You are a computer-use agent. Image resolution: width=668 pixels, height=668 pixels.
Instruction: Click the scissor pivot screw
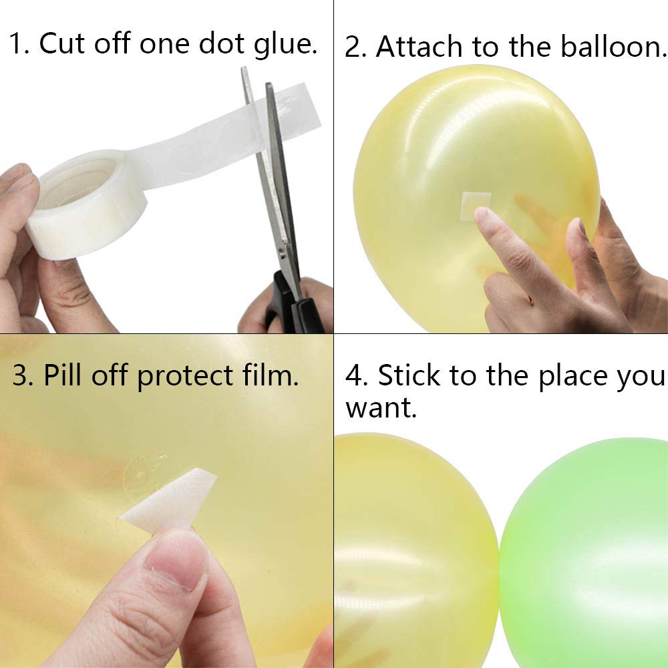pyautogui.click(x=287, y=248)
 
